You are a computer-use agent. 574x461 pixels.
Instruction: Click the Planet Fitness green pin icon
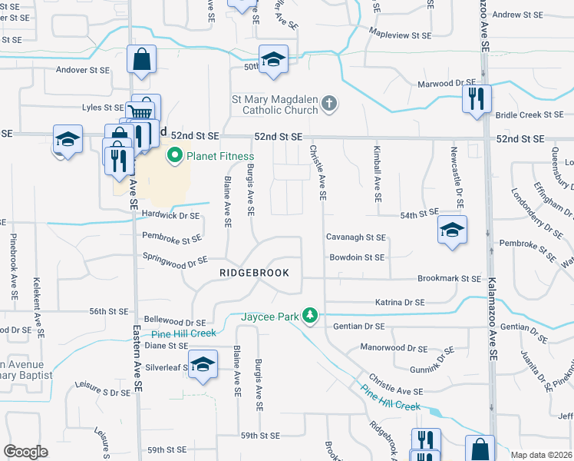[174, 157]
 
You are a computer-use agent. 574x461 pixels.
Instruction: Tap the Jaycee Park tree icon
[310, 316]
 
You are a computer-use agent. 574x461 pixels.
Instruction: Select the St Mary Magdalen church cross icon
[329, 104]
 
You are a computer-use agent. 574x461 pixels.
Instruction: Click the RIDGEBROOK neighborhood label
[254, 273]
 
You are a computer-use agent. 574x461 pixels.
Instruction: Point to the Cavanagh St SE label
[355, 238]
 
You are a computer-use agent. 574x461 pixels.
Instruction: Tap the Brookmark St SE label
[449, 279]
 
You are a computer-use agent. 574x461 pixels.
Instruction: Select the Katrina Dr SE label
[400, 303]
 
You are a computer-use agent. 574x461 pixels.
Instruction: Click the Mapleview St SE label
[401, 35]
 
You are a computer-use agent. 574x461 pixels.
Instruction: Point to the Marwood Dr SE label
[446, 83]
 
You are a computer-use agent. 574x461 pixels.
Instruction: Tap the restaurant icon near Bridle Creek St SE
[477, 98]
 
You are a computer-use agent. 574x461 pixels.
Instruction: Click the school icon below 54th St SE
[451, 229]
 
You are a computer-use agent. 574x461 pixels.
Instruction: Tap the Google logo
[25, 452]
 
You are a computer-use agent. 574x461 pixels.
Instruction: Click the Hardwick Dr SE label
[171, 215]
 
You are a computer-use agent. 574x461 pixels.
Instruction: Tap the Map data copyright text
[539, 455]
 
